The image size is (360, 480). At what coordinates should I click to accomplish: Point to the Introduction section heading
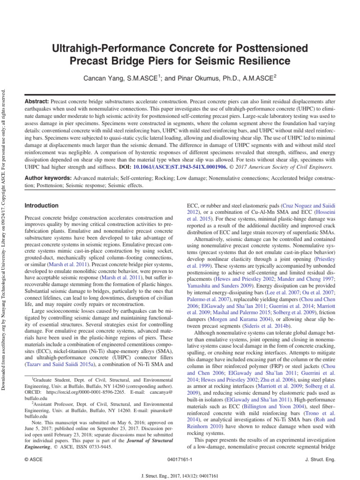[x=42, y=206]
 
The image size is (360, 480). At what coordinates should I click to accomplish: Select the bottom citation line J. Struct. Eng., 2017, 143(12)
[x=180, y=474]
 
